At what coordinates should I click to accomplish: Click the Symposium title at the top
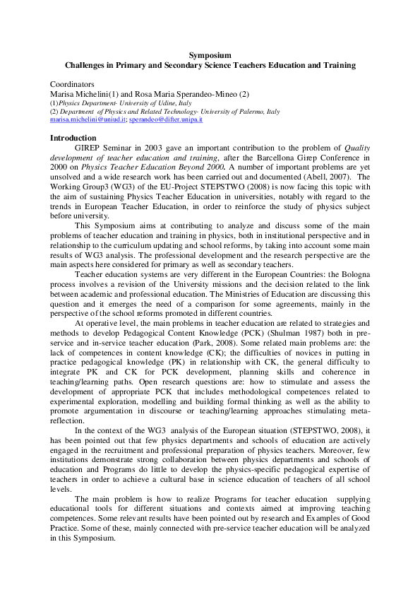[x=210, y=54]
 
